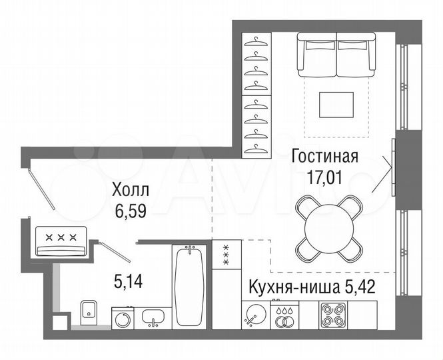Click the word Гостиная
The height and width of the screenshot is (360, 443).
click(x=325, y=157)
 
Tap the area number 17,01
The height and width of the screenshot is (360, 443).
click(x=325, y=179)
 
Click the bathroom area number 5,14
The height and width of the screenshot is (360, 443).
click(x=129, y=282)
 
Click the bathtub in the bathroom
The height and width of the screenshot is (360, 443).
click(x=191, y=286)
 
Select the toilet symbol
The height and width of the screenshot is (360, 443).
click(x=89, y=311)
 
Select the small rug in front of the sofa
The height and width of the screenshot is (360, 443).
click(x=336, y=103)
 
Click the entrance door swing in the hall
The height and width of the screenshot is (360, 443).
click(x=41, y=187)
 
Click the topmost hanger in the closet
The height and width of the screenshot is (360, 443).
click(x=254, y=41)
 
